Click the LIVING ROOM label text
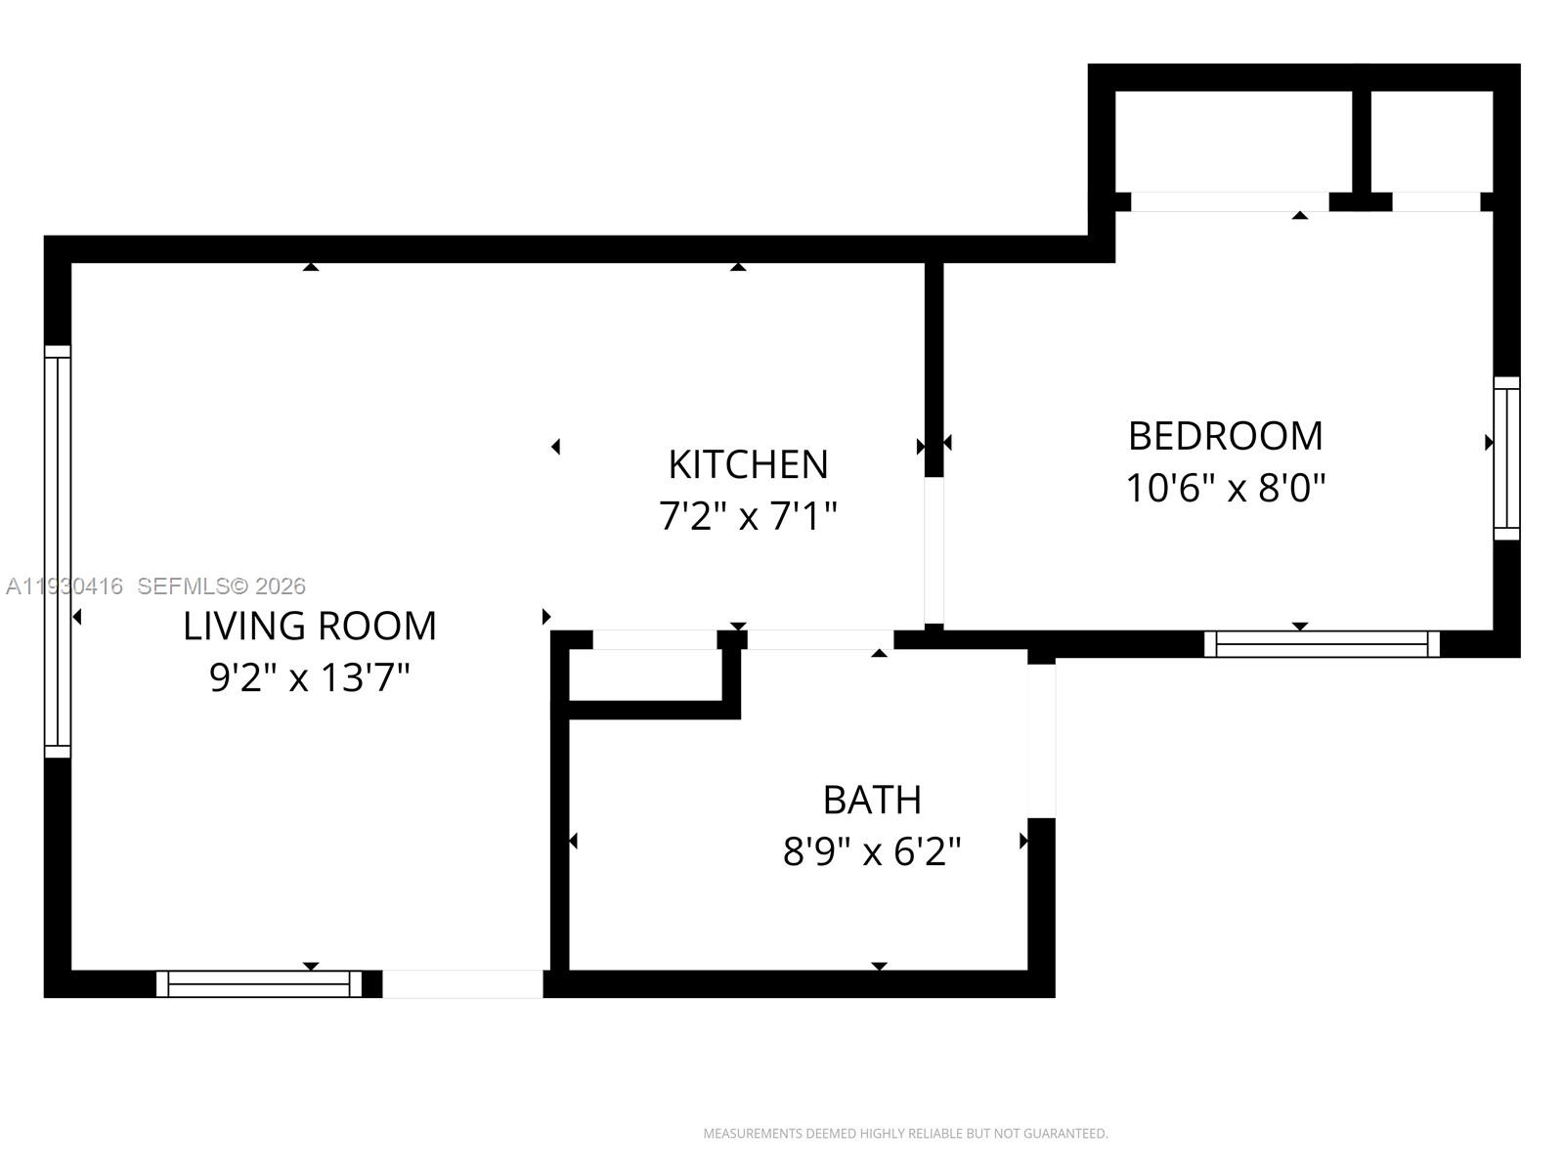click(309, 626)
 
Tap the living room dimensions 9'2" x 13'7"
click(309, 676)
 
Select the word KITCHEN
click(748, 464)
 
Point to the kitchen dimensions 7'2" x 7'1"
click(748, 515)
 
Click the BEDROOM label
click(1225, 436)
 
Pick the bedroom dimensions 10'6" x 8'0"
click(1225, 487)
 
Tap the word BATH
click(872, 800)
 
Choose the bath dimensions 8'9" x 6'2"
click(872, 851)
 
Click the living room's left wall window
click(58, 552)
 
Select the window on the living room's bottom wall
click(259, 983)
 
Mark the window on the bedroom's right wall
click(1506, 458)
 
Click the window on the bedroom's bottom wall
click(1322, 643)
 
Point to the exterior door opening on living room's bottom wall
click(462, 983)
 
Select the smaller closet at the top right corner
click(1431, 142)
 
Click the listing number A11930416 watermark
click(65, 586)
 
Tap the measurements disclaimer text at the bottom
click(905, 1134)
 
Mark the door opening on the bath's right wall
click(1041, 740)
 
